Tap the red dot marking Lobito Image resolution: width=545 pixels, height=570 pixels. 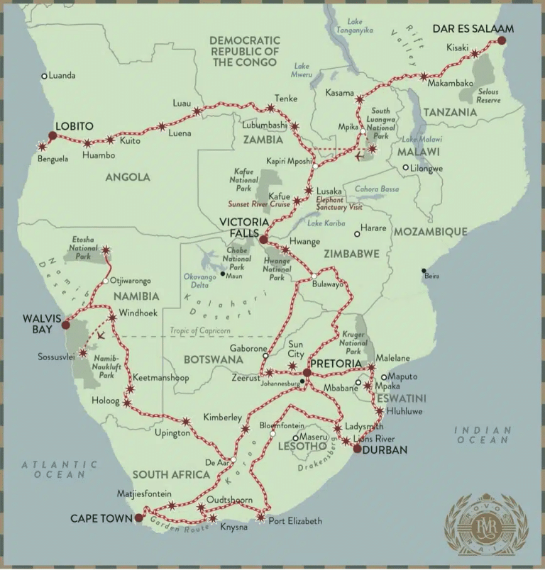[52, 135]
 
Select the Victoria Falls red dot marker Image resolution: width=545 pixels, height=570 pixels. [263, 240]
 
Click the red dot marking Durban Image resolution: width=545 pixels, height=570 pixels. [356, 449]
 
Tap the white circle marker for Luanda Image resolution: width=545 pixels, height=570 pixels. [44, 76]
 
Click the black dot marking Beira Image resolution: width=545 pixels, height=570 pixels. [424, 271]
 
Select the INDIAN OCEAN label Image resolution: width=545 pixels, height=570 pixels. [483, 435]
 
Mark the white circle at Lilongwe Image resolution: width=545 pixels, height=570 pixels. [405, 168]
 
